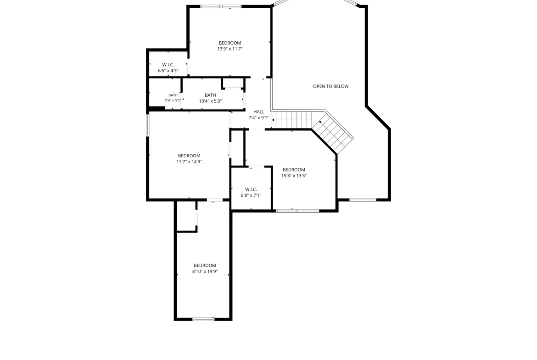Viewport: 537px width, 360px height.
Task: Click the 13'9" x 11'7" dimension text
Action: [x=230, y=49]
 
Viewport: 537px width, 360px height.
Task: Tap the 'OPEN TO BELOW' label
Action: [x=331, y=86]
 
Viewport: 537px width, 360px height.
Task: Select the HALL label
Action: [x=259, y=111]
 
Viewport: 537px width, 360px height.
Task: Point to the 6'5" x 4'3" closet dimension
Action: [x=168, y=71]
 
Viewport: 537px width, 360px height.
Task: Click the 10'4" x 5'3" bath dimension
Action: [x=210, y=101]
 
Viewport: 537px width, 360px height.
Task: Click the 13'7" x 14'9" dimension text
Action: [x=189, y=161]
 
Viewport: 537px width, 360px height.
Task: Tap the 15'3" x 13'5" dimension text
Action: [x=294, y=176]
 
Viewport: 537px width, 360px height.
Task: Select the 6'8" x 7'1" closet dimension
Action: [x=251, y=195]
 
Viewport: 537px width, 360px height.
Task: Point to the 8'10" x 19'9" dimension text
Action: [x=205, y=271]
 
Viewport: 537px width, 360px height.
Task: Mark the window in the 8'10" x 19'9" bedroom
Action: [x=203, y=319]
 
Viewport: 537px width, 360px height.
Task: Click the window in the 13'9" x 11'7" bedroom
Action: [x=221, y=6]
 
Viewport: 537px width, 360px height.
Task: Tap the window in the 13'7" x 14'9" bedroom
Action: [x=148, y=125]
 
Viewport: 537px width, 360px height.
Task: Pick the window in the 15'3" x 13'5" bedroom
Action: [x=297, y=210]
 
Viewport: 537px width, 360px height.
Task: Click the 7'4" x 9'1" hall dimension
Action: [x=259, y=118]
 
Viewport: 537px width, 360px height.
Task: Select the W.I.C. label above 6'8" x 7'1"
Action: [x=251, y=189]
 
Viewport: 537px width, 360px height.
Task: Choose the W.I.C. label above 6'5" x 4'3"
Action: [x=168, y=65]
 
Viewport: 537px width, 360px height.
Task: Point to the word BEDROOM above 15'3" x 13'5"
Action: [x=294, y=170]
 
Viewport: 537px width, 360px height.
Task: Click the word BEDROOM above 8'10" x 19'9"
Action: [x=205, y=266]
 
